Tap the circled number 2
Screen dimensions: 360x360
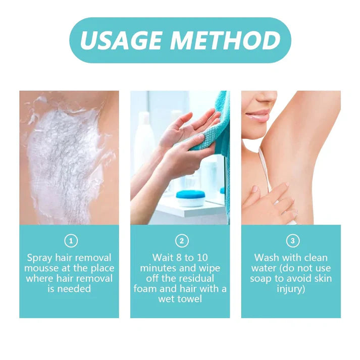[180, 241]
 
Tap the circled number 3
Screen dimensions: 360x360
[291, 241]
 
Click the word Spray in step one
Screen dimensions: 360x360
[39, 258]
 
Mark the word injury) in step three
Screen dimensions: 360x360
[291, 289]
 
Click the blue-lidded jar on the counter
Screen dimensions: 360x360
[190, 197]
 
